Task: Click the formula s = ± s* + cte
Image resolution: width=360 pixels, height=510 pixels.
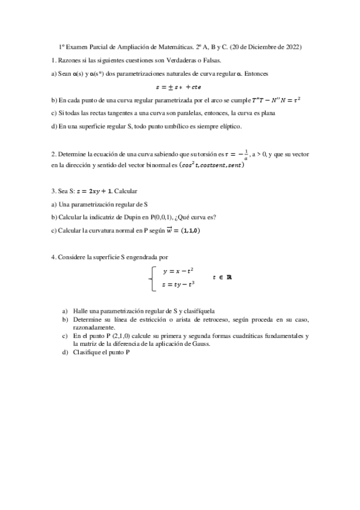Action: pyautogui.click(x=180, y=86)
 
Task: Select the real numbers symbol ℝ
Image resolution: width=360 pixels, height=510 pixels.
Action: pyautogui.click(x=228, y=278)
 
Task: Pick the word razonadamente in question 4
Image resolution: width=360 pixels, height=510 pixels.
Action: pyautogui.click(x=91, y=328)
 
